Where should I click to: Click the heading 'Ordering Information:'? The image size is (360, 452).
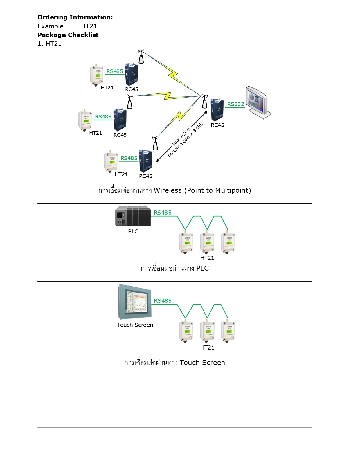point(75,17)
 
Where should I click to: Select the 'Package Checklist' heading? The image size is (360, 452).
point(68,35)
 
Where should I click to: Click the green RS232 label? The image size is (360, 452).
point(235,104)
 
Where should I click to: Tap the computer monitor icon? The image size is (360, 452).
point(258,102)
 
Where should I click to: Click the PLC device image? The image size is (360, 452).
point(133,216)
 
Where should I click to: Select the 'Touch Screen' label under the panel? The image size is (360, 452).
point(135,325)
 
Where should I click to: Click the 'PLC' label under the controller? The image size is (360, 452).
point(133,231)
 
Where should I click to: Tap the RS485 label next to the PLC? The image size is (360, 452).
point(163,213)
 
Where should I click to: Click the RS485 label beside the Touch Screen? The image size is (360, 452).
point(163,301)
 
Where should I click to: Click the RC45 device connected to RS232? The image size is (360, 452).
point(217,110)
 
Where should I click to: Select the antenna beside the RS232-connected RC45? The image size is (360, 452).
point(205,101)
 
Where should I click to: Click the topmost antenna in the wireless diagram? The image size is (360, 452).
point(141,56)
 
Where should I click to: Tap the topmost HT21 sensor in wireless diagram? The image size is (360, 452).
point(96,75)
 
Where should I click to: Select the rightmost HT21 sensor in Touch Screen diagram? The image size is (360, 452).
point(228,332)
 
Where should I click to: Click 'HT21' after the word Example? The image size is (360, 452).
point(89,26)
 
